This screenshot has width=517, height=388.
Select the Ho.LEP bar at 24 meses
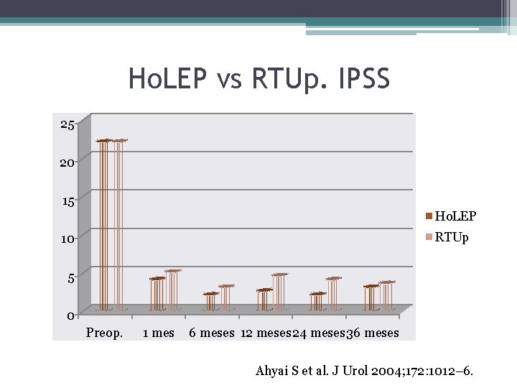(x=317, y=301)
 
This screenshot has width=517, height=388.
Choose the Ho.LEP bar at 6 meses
(x=210, y=301)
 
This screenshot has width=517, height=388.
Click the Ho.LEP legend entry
(x=451, y=216)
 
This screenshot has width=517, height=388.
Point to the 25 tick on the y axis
(x=67, y=125)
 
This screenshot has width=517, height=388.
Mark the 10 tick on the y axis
(x=67, y=239)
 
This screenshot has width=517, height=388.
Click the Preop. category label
(x=104, y=333)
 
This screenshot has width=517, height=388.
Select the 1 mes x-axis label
(x=159, y=333)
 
